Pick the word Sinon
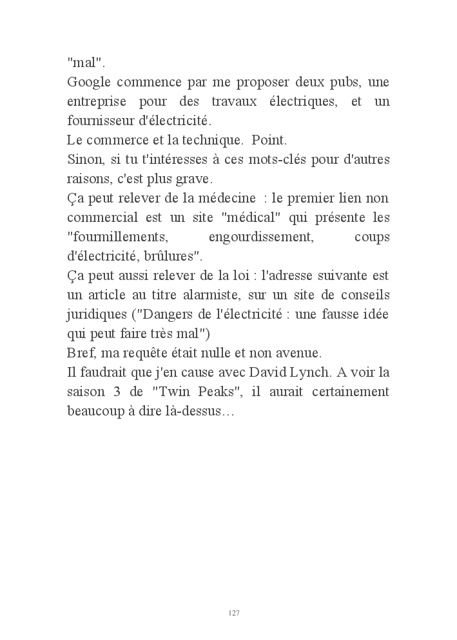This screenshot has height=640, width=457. [x=83, y=159]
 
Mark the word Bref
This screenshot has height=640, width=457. [x=80, y=353]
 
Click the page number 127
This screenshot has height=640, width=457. [x=234, y=612]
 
